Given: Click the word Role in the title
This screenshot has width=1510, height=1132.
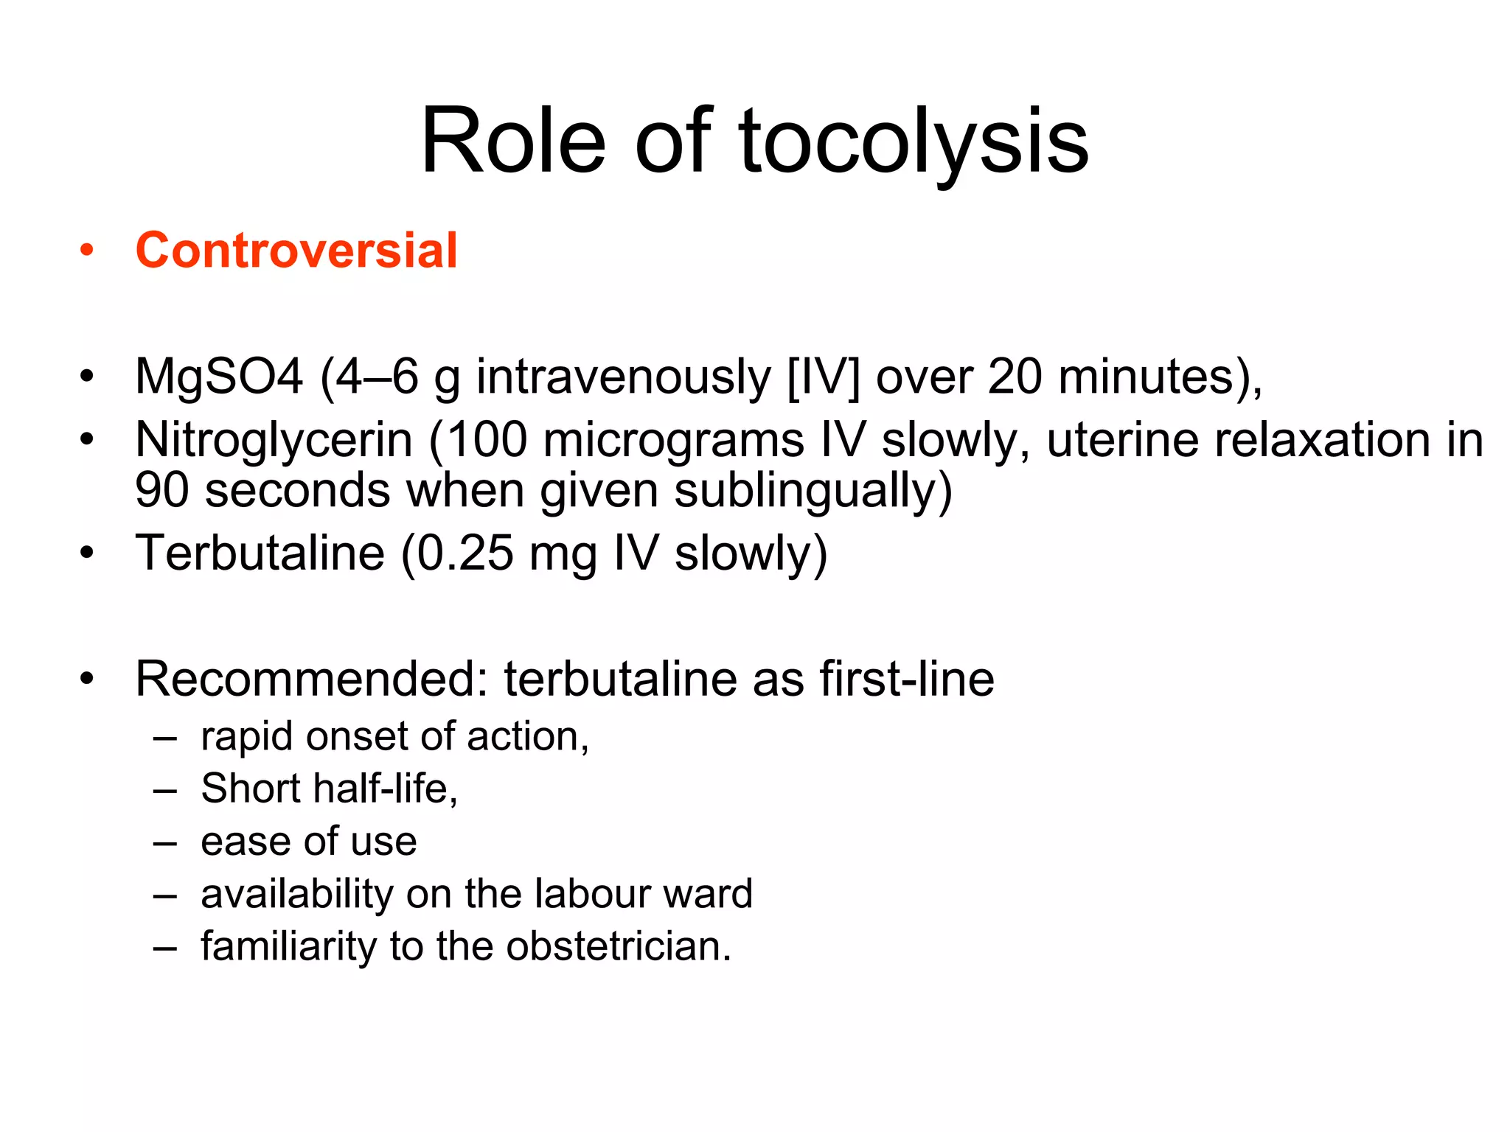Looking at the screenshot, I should pos(513,141).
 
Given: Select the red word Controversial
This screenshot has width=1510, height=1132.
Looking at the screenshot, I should pos(296,251).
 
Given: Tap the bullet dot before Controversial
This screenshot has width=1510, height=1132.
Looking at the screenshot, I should pos(87,251).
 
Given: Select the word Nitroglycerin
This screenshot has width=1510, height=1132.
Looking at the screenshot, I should pos(274,441).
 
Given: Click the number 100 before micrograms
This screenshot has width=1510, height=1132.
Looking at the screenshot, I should pos(487,441).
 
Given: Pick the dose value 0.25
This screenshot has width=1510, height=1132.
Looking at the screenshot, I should pos(465,553).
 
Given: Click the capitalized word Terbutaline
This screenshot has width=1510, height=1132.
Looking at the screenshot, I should pos(260,553).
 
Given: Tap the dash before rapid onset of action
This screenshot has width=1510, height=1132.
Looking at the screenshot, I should pos(165,737).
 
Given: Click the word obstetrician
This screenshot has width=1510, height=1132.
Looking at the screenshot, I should pos(618,946).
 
